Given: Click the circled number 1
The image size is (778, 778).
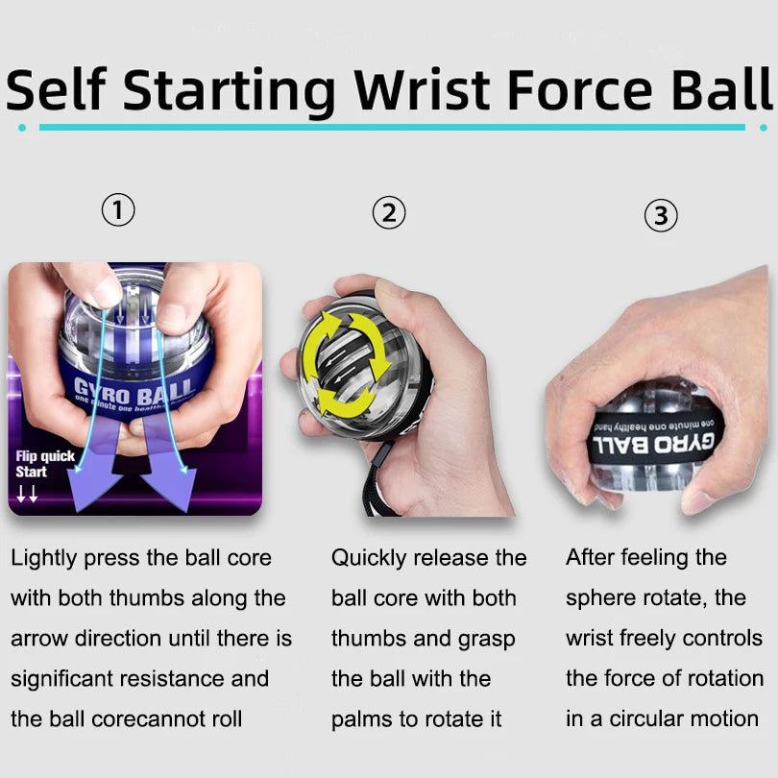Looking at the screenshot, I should click(118, 210).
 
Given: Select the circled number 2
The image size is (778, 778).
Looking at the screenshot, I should click(389, 212).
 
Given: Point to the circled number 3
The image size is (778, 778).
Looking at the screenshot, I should click(660, 216).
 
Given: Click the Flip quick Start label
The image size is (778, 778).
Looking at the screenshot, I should click(44, 465).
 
